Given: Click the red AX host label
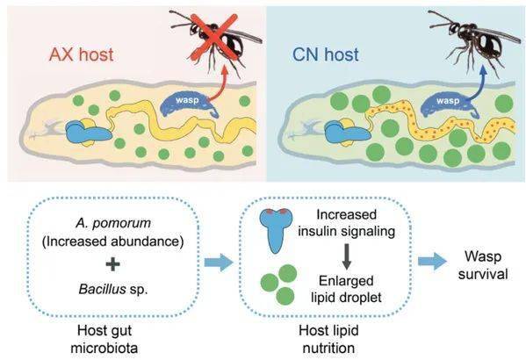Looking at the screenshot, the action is pos(81,54).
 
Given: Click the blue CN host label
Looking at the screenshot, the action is pos(326,54).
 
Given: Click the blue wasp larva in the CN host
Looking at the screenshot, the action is pos(450,104).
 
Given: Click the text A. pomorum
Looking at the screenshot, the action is pos(113,223).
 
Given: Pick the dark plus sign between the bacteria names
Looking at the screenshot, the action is pos(112,264).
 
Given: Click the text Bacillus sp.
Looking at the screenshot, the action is pos(113,289).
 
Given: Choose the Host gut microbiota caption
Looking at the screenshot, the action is pos(104,339).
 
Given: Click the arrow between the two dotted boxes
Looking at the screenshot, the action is pos(219,262).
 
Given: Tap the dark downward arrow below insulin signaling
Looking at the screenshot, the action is pos(347,256).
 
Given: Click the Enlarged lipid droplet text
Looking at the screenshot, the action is pos(346,289).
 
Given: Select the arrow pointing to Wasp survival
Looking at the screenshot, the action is pos(432,261).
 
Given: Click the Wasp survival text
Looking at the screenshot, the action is pos(483,265).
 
